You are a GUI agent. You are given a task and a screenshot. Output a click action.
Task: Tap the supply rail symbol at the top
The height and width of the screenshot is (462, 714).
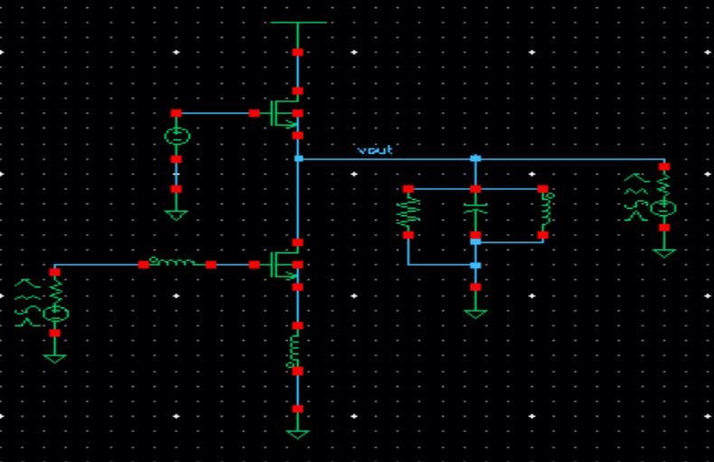click(297, 22)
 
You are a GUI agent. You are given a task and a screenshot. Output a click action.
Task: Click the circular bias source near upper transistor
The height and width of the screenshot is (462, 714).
click(176, 137)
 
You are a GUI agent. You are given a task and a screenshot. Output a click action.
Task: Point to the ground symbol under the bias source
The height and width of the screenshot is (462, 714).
click(176, 214)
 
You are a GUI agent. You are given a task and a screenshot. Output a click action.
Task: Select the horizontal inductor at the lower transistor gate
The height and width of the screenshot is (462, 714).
click(176, 264)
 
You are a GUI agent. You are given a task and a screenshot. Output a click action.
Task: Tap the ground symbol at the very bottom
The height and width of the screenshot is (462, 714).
click(297, 433)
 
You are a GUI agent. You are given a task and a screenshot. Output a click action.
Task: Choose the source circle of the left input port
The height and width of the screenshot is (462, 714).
click(56, 313)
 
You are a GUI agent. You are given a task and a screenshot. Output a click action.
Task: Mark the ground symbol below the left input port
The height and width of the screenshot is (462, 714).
click(55, 357)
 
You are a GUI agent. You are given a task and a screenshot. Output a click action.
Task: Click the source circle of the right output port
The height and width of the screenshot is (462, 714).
click(665, 208)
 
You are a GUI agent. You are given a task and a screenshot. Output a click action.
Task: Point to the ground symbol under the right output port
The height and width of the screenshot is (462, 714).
click(664, 251)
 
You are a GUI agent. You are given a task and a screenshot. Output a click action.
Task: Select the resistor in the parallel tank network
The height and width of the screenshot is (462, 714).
click(408, 212)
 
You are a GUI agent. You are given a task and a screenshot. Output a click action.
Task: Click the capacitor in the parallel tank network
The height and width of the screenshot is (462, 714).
click(475, 212)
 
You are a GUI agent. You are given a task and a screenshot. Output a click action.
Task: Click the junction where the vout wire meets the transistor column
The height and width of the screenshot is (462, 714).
click(297, 158)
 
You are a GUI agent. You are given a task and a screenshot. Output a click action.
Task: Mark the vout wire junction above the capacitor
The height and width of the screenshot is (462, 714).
click(475, 158)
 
